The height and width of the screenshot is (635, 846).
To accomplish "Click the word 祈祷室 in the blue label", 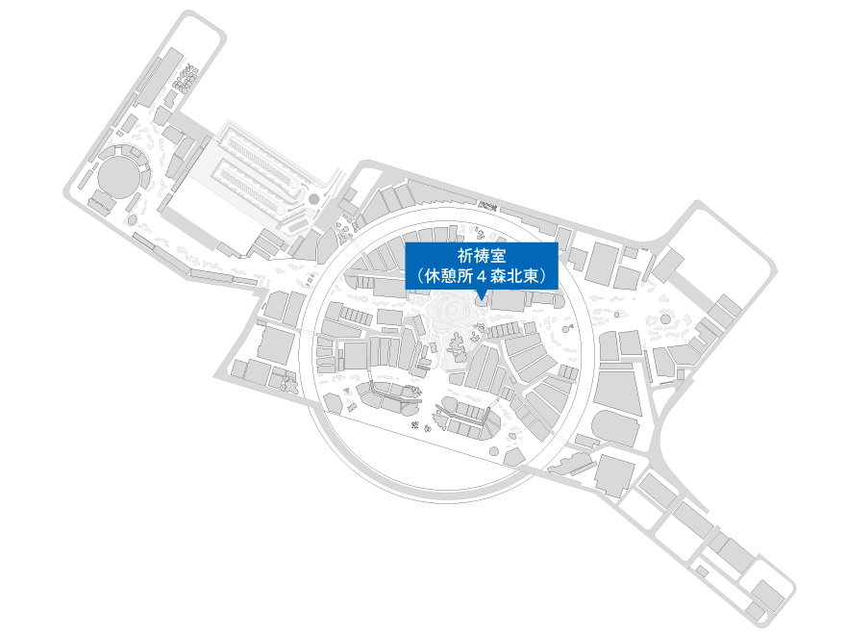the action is (x=482, y=255).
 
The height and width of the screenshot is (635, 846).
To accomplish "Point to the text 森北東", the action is (x=514, y=276).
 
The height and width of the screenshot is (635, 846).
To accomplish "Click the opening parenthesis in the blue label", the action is (x=420, y=276).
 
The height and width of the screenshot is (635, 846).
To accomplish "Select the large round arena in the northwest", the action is (x=118, y=174).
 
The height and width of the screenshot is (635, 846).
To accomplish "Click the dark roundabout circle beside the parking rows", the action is (x=313, y=199).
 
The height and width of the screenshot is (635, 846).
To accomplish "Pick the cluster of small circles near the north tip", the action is (x=186, y=77).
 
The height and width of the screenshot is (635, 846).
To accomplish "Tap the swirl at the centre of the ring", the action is (x=451, y=312).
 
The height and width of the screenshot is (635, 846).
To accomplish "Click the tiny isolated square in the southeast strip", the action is (x=702, y=571).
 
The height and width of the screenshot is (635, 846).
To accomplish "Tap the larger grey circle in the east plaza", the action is (x=666, y=319).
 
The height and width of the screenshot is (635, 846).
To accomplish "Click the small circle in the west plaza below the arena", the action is (x=132, y=219).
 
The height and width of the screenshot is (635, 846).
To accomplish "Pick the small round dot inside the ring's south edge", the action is (x=494, y=451).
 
